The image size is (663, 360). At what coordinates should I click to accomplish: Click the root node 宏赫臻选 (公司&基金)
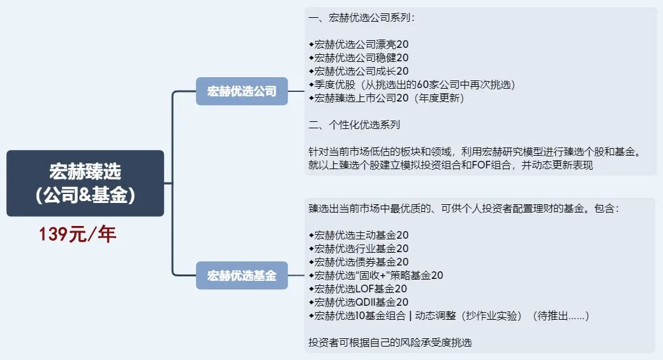pos(85,183)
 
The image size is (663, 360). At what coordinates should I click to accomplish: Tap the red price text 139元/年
pos(77,234)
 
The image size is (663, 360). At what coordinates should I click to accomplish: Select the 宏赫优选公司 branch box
pos(241,91)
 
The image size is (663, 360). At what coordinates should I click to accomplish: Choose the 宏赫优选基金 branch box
pos(241,276)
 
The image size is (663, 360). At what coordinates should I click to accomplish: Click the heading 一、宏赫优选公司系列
pos(361,18)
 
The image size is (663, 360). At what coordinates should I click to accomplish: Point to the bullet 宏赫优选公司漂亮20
pos(359,45)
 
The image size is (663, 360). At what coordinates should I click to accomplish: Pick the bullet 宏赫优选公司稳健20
pos(359,58)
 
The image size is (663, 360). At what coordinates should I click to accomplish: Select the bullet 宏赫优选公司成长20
pos(359,71)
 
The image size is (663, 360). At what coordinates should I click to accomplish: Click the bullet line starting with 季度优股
pos(412,85)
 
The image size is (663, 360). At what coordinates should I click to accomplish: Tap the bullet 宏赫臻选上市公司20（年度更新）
pos(386,98)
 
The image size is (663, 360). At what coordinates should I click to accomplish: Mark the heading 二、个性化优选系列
pos(354,124)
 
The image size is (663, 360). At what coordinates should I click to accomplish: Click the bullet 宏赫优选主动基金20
pos(359,235)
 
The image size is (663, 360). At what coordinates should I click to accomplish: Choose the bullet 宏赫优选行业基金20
pos(359,248)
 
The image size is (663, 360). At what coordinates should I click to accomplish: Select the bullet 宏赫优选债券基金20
pos(359,262)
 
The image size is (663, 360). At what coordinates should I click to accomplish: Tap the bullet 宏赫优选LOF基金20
pos(358,289)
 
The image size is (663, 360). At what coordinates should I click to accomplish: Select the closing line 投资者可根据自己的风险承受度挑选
pos(390,343)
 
